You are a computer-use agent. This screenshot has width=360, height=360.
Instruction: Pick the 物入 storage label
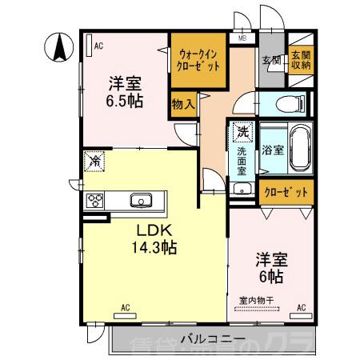[183, 104]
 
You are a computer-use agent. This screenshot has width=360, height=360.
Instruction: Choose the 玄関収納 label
[300, 60]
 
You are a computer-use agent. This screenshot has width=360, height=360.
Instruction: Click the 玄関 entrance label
[270, 60]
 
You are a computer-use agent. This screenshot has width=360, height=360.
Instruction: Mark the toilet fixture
[288, 102]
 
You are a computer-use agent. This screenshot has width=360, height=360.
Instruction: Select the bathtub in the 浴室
[295, 149]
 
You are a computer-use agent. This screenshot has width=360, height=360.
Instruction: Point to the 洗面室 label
[242, 160]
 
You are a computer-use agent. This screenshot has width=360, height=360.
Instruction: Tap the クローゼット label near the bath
[286, 192]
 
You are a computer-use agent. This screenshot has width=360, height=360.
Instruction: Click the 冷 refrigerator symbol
[94, 161]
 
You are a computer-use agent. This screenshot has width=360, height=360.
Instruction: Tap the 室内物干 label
[257, 301]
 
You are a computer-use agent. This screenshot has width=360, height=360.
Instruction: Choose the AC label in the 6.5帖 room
[98, 46]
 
